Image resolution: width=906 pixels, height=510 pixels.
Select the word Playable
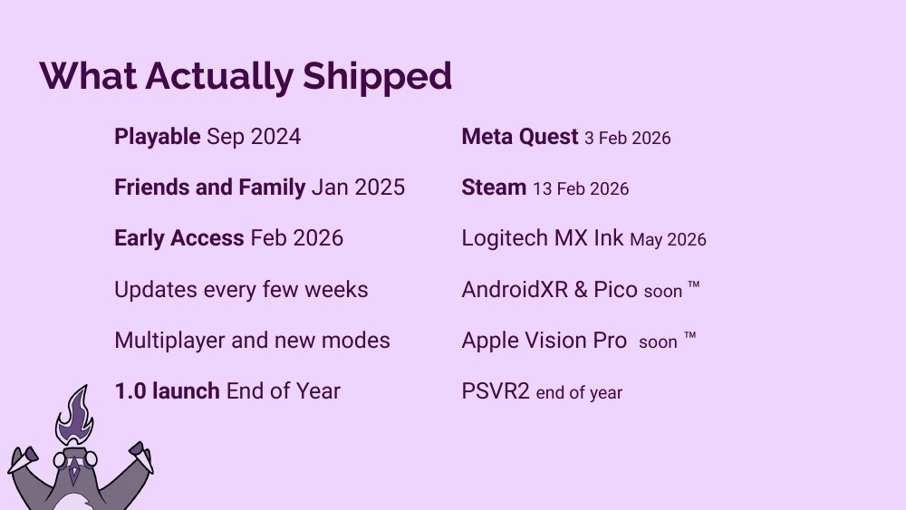pyautogui.click(x=157, y=137)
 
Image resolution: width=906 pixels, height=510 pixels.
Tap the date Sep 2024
pyautogui.click(x=254, y=137)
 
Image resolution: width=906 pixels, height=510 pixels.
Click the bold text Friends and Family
pyautogui.click(x=209, y=188)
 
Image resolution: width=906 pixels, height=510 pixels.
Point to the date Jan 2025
pyautogui.click(x=358, y=188)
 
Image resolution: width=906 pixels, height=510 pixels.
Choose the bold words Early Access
pyautogui.click(x=178, y=238)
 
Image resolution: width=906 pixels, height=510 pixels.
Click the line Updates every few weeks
pyautogui.click(x=241, y=290)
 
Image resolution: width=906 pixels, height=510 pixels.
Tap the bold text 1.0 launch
pyautogui.click(x=167, y=391)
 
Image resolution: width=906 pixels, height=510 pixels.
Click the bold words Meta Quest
pyautogui.click(x=519, y=137)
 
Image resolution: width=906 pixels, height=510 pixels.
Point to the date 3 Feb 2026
pyautogui.click(x=627, y=139)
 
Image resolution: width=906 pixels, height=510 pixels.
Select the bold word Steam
pyautogui.click(x=494, y=188)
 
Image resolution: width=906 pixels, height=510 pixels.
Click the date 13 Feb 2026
pyautogui.click(x=581, y=189)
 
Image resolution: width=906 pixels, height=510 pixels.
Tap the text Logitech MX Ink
pyautogui.click(x=542, y=238)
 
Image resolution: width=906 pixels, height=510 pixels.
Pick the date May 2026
pyautogui.click(x=668, y=240)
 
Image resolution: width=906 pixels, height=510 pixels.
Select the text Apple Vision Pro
pyautogui.click(x=544, y=341)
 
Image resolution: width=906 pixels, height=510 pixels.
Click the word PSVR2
pyautogui.click(x=496, y=391)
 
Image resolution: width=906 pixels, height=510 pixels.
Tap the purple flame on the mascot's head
pyautogui.click(x=75, y=415)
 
